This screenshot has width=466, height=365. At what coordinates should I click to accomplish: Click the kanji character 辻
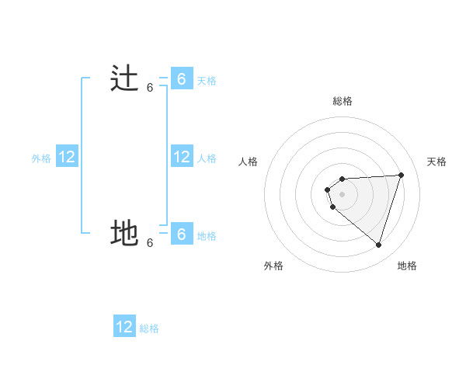(x=124, y=80)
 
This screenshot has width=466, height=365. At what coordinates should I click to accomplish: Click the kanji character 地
(x=124, y=233)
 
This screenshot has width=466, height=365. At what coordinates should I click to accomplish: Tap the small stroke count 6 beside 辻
(x=150, y=88)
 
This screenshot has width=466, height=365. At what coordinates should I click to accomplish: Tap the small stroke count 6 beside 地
(x=150, y=242)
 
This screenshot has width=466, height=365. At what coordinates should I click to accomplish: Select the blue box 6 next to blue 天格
(x=181, y=79)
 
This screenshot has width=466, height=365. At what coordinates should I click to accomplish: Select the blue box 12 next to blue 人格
(x=181, y=157)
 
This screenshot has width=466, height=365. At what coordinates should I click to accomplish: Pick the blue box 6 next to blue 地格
(x=181, y=234)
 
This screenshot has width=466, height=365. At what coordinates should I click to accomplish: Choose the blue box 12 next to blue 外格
(x=67, y=157)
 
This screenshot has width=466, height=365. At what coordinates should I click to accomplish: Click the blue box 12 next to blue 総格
(x=124, y=327)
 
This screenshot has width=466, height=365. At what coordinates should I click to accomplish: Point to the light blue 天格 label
(x=207, y=81)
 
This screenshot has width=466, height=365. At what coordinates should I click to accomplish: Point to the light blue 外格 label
(x=41, y=158)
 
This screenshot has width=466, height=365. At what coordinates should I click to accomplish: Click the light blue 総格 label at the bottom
(x=149, y=328)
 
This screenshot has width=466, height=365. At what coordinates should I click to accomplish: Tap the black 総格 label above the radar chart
(x=342, y=101)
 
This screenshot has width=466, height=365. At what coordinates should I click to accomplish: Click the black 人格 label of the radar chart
(x=249, y=162)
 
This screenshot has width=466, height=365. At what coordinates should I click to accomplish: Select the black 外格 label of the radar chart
(x=273, y=266)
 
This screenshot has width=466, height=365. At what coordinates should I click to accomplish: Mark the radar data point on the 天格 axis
(x=401, y=175)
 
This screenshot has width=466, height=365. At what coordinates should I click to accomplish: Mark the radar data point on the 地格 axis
(x=378, y=245)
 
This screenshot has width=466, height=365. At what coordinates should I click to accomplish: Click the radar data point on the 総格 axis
(x=342, y=179)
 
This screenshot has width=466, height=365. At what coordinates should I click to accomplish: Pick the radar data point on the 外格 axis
(x=333, y=207)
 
